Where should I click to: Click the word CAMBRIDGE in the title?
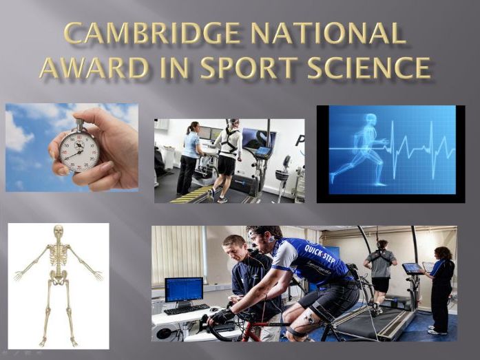[x=152, y=33]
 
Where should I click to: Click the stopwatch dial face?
[x=79, y=151]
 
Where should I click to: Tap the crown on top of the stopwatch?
[x=80, y=123]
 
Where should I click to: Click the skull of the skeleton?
[x=58, y=231]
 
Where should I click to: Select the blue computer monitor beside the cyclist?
[x=184, y=290]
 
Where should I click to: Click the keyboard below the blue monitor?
[x=186, y=309]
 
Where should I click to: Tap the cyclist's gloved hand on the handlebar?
[x=220, y=316]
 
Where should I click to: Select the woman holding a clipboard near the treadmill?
[x=439, y=290]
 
